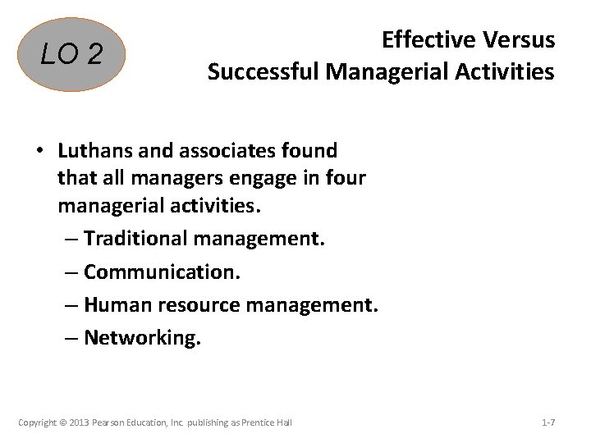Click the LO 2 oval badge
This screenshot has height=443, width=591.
pos(72,55)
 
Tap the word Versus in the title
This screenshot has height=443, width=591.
pos(519,39)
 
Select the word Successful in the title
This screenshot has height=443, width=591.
pos(263,72)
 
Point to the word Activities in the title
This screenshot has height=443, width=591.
pos(504,72)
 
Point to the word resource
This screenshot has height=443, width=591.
pos(197,305)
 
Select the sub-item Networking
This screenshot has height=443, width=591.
pos(141,338)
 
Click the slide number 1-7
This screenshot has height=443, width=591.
pos(548,422)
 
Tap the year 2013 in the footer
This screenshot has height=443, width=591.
pos(84,422)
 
